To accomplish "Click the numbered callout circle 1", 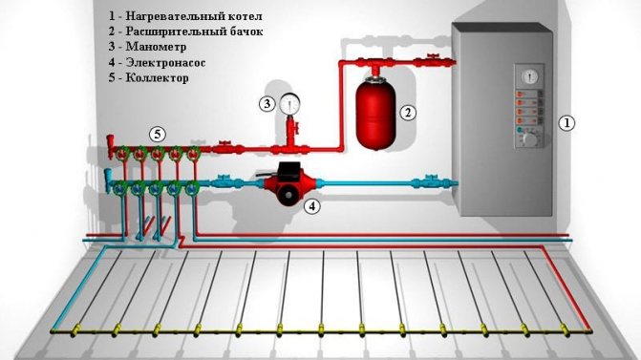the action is [x=566, y=123].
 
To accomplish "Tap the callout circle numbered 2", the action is [x=408, y=113].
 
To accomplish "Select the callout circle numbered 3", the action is [x=267, y=104].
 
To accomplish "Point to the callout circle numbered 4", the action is [x=312, y=206].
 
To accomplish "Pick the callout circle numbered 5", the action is [x=158, y=134].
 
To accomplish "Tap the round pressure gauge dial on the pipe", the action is [x=289, y=103].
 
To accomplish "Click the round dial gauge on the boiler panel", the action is [x=530, y=75].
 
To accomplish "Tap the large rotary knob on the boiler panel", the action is [x=530, y=139].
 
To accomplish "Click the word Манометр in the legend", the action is [x=156, y=47].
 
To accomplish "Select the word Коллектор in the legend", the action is [x=157, y=77].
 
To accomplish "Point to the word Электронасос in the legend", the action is [x=165, y=62].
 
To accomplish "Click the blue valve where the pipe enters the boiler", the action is [x=429, y=181].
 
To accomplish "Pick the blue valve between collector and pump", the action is [x=223, y=181].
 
